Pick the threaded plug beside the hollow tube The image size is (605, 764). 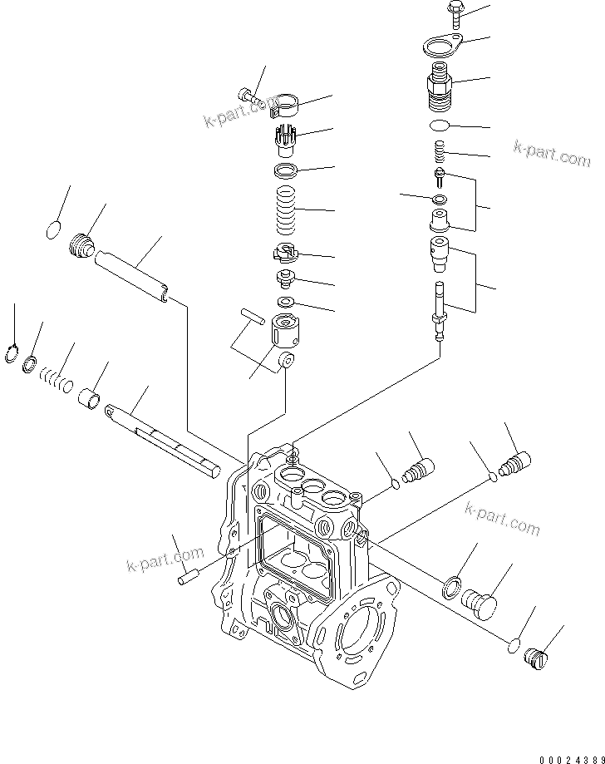tap(81, 246)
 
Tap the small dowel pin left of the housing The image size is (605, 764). tap(189, 575)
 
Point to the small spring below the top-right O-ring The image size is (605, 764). tap(440, 151)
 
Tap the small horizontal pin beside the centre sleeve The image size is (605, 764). tap(253, 315)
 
